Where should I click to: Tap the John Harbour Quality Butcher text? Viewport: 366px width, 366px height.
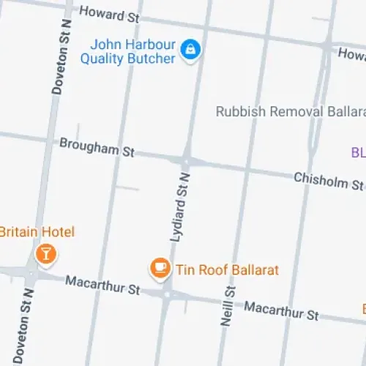tap(129, 52)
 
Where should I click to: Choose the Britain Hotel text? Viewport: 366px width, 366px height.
tap(37, 232)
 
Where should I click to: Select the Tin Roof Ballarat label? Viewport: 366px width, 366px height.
tap(227, 270)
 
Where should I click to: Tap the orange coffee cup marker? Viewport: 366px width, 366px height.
tap(159, 269)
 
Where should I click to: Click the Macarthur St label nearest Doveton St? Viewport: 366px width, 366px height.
tap(102, 285)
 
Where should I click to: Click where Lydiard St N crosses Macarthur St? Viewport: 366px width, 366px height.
tap(168, 294)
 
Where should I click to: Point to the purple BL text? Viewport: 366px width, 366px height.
tap(358, 153)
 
